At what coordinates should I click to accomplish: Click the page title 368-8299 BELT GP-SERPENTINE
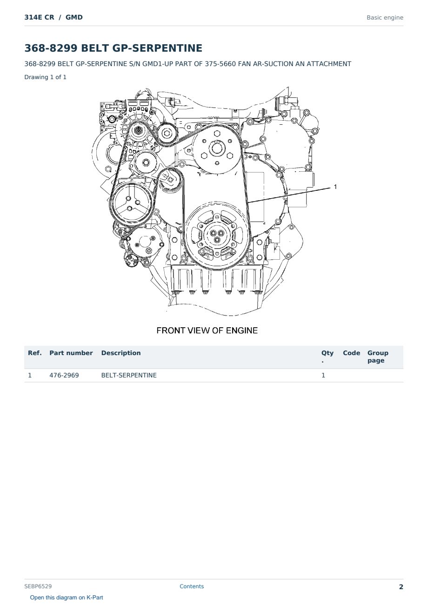[x=113, y=48]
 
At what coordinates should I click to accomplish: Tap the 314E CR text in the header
[x=39, y=17]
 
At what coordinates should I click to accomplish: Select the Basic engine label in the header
[x=385, y=18]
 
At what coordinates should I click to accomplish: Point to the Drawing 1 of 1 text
[x=46, y=77]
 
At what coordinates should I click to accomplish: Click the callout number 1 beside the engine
[x=335, y=187]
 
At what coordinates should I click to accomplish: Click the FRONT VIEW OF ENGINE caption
[x=207, y=330]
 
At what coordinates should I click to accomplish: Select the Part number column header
[x=71, y=353]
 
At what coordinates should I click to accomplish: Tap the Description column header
[x=121, y=353]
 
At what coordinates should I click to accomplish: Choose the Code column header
[x=351, y=353]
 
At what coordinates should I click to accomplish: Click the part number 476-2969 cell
[x=64, y=376]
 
